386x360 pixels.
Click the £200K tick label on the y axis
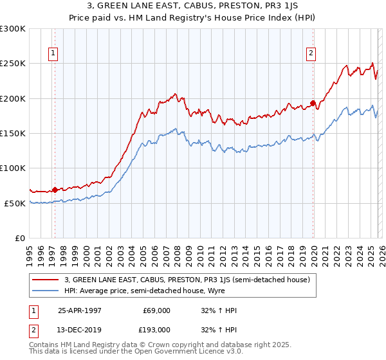pos(13,98)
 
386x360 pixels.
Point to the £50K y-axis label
pos(15,203)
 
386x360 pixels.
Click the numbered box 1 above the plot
pos(52,54)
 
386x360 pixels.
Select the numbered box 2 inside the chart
pos(311,54)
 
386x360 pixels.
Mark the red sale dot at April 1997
pos(55,190)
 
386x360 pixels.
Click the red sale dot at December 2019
pos(313,103)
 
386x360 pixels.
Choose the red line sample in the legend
pos(46,280)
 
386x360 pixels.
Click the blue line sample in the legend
pos(46,291)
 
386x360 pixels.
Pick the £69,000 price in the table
pos(156,310)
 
